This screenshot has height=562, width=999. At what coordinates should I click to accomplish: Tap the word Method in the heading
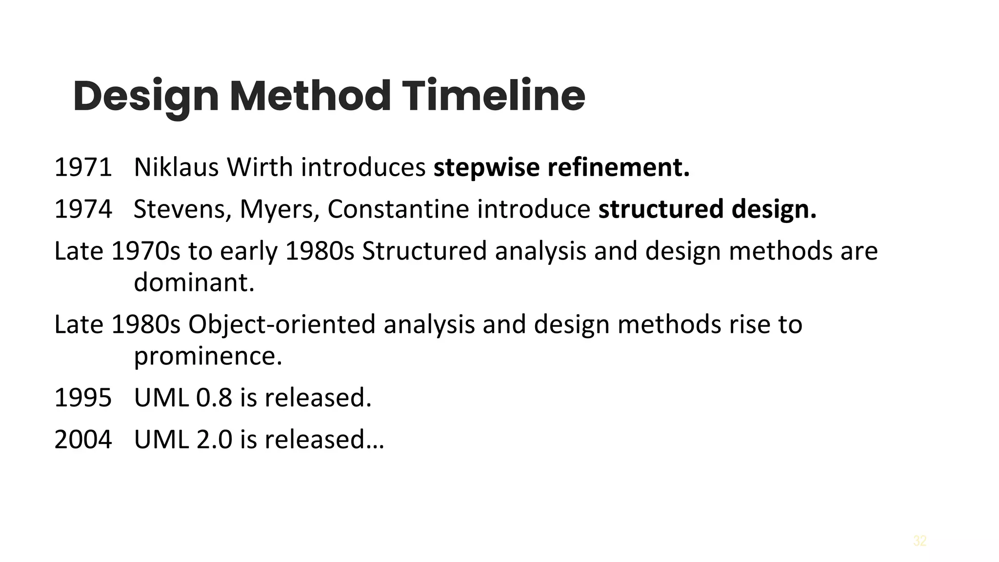pyautogui.click(x=310, y=96)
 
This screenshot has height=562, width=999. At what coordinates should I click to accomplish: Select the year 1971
pyautogui.click(x=83, y=167)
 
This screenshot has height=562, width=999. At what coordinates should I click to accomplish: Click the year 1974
pyautogui.click(x=83, y=209)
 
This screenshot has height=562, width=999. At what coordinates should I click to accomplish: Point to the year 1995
pyautogui.click(x=83, y=397)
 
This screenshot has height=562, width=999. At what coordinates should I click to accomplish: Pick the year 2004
pyautogui.click(x=83, y=439)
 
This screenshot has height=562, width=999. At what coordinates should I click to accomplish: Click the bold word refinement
pyautogui.click(x=619, y=167)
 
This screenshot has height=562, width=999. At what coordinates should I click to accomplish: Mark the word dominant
pyautogui.click(x=194, y=282)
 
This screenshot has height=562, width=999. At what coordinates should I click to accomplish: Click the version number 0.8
pyautogui.click(x=214, y=397)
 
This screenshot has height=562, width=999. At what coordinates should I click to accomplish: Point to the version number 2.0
pyautogui.click(x=214, y=439)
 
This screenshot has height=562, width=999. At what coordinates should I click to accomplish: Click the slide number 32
pyautogui.click(x=919, y=541)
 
